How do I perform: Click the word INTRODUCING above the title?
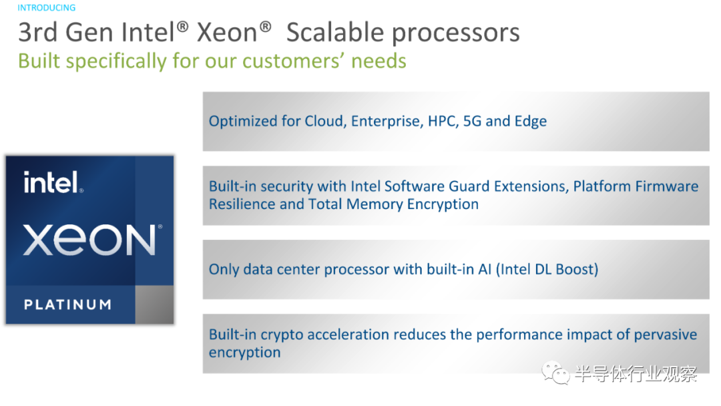pyautogui.click(x=47, y=8)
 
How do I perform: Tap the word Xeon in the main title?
pyautogui.click(x=227, y=32)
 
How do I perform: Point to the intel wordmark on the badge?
pyautogui.click(x=53, y=182)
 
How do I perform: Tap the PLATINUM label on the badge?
pyautogui.click(x=67, y=304)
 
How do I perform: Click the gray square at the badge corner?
pyautogui.click(x=154, y=304)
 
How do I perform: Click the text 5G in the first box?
pyautogui.click(x=472, y=121)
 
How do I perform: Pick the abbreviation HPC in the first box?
pyautogui.click(x=443, y=122)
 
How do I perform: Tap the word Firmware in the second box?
pyautogui.click(x=667, y=186)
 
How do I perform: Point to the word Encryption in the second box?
pyautogui.click(x=443, y=204)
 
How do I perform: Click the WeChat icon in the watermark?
pyautogui.click(x=555, y=373)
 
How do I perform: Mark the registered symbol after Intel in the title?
pyautogui.click(x=182, y=27)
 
